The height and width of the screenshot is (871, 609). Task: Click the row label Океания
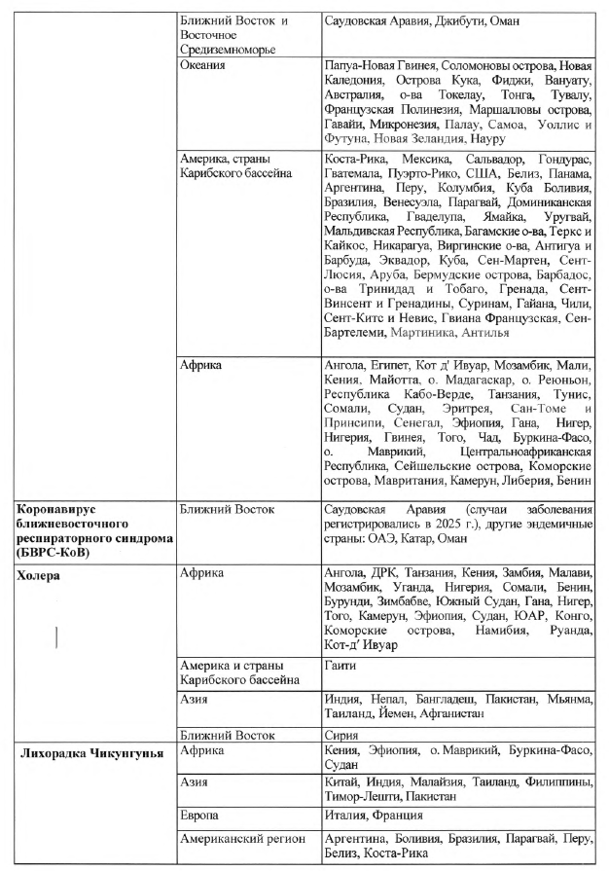[x=203, y=65]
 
